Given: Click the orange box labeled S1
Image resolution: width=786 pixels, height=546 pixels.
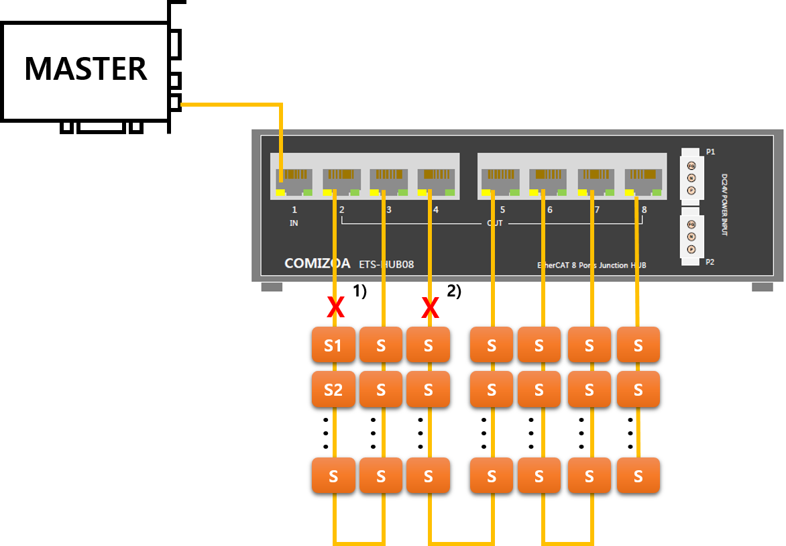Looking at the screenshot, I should (x=333, y=345).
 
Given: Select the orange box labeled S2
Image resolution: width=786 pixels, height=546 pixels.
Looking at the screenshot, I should (x=333, y=389).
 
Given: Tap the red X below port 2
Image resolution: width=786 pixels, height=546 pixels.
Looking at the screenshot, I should (x=335, y=309).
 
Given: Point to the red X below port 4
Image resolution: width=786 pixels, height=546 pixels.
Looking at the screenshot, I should (x=430, y=309).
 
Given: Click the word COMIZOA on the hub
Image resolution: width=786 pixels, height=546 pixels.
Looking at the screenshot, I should (x=317, y=264).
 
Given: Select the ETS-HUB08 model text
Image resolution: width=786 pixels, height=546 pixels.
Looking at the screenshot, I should (x=386, y=264).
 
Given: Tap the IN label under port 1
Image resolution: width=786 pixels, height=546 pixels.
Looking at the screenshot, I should (x=294, y=223).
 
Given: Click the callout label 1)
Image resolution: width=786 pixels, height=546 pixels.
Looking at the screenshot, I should (x=360, y=290).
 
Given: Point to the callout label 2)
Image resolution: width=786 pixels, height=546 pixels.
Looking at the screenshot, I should (x=454, y=290).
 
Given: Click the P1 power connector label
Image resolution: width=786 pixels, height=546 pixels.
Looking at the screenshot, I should (x=710, y=152).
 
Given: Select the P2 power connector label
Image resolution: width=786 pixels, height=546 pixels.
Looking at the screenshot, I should (x=710, y=262).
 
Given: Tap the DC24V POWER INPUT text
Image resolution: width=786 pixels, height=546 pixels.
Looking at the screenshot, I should (x=725, y=205).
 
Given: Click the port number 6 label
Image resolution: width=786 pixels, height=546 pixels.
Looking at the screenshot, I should (x=550, y=210).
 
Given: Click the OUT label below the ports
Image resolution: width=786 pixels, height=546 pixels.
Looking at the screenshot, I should (x=494, y=223).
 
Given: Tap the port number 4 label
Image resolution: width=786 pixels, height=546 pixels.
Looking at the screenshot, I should (x=436, y=210).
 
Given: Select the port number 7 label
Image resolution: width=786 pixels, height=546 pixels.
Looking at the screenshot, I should (x=597, y=210).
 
